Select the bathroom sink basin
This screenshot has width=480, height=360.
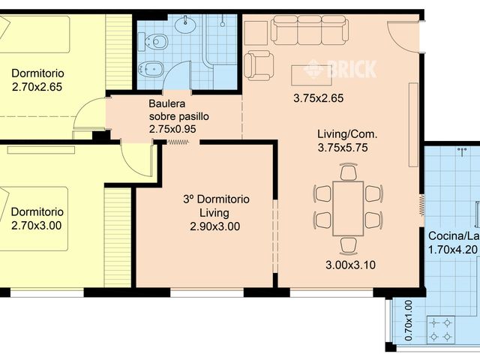pyautogui.click(x=185, y=24)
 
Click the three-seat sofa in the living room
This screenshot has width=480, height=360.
pyautogui.click(x=310, y=30)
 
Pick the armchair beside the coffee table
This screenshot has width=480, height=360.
pyautogui.click(x=259, y=65)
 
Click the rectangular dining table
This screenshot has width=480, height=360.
pyautogui.click(x=348, y=208)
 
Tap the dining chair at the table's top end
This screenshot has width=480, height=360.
pyautogui.click(x=348, y=172)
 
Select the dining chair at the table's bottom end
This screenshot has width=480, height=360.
pyautogui.click(x=348, y=245)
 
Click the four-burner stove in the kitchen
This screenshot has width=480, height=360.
pyautogui.click(x=440, y=330)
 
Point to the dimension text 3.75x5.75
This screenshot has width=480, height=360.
pyautogui.click(x=343, y=148)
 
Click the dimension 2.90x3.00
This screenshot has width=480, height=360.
pyautogui.click(x=215, y=226)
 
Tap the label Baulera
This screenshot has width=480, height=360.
pyautogui.click(x=167, y=103)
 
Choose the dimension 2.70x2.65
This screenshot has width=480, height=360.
pyautogui.click(x=37, y=87)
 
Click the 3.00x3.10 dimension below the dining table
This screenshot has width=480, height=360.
pyautogui.click(x=350, y=265)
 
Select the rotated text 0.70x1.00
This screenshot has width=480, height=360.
pyautogui.click(x=408, y=320)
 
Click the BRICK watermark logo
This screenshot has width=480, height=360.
pyautogui.click(x=340, y=69)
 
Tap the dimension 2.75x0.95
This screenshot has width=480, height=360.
pyautogui.click(x=172, y=129)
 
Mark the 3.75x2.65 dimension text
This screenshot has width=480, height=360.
pyautogui.click(x=318, y=98)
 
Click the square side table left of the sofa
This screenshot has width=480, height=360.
pyautogui.click(x=256, y=33)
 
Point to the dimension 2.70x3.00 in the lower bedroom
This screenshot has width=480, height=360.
pyautogui.click(x=37, y=226)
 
